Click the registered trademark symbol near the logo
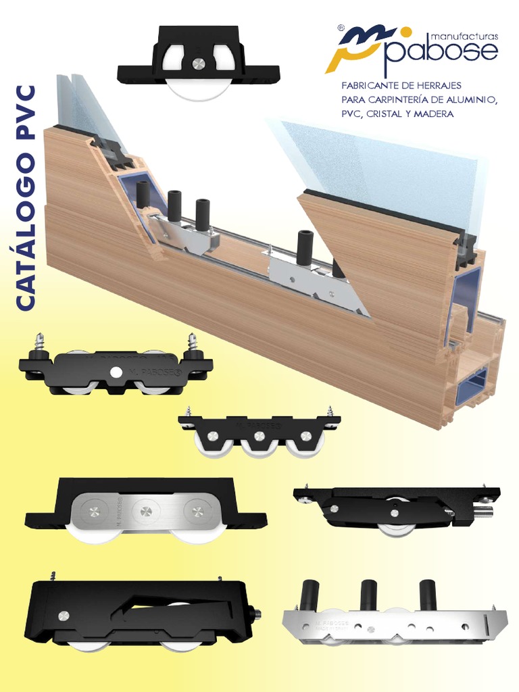click(341, 28)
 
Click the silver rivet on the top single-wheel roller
click(198, 64)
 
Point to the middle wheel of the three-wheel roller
click(260, 446)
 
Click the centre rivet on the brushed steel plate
click(145, 511)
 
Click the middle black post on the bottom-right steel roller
click(368, 594)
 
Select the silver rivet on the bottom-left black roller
click(64, 616)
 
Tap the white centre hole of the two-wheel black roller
click(117, 372)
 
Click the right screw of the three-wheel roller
click(331, 414)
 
